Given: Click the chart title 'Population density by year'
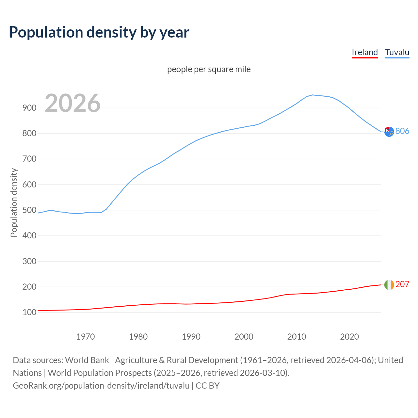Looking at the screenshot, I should point(99,32).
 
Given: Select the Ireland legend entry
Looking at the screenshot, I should point(364,52).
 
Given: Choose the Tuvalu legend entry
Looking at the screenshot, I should point(397,52).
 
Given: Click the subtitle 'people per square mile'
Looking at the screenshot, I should point(209,69).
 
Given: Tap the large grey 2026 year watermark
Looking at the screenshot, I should point(72,103).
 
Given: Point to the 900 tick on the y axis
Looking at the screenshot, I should point(29,108).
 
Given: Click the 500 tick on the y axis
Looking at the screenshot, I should point(29,210).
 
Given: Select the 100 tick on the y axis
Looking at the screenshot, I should point(29,313).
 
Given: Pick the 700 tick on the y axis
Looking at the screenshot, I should point(29,159).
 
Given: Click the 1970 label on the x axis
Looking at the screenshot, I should point(85,337).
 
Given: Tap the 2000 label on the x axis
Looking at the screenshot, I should point(244,337).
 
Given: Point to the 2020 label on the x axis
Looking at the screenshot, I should point(349,337).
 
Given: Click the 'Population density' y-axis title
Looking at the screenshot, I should point(14,202).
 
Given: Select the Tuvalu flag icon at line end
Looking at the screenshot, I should point(389,132).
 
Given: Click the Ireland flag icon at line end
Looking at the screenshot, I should point(389,285).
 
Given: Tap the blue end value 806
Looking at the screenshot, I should point(402,131).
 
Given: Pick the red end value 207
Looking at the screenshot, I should point(402,284).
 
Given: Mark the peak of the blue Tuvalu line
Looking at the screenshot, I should point(313,95).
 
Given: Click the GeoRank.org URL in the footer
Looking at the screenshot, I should point(101,386).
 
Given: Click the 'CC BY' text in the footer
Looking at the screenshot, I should point(208,386).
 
